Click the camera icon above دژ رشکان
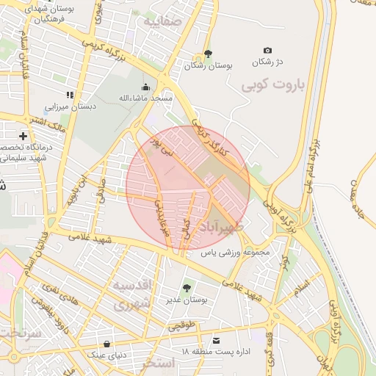[267, 50]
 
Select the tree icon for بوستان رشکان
[208, 54]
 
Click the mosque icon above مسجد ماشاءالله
[145, 87]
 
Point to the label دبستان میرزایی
[76, 106]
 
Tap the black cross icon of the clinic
[23, 137]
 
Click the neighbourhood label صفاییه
[162, 22]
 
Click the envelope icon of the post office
[216, 341]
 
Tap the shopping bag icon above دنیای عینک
[107, 343]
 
